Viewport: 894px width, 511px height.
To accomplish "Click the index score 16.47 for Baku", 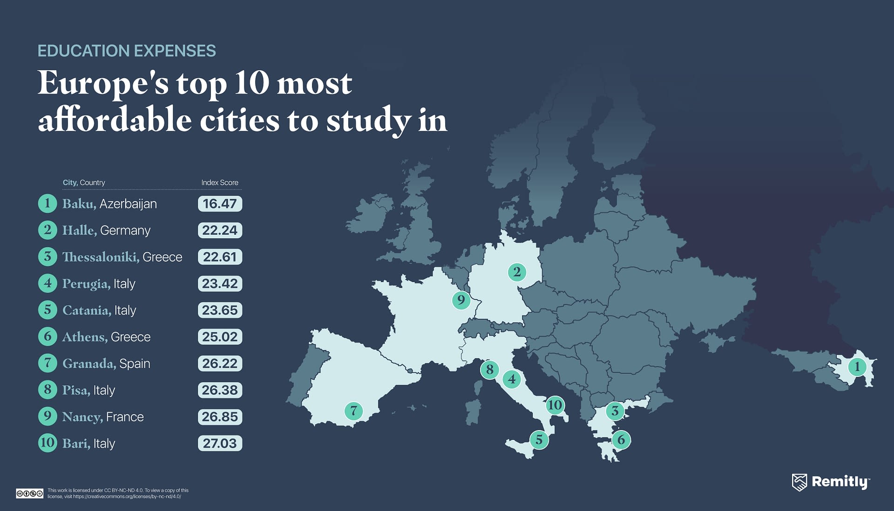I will [x=220, y=204].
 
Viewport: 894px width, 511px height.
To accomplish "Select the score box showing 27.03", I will [x=220, y=444].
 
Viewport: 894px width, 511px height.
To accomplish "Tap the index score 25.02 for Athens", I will [x=220, y=337].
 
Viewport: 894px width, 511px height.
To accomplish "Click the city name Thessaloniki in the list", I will [x=101, y=257].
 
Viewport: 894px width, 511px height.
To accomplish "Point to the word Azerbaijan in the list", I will [x=128, y=204].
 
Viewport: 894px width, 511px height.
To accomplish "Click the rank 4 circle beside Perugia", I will [x=47, y=283].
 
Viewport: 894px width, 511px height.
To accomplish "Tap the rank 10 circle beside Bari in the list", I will [x=47, y=443].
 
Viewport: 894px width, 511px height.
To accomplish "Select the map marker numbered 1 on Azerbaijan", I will [x=857, y=367].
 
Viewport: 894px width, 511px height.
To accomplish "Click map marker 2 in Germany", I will [x=517, y=272].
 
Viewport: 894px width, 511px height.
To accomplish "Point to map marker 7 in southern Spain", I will [x=353, y=411].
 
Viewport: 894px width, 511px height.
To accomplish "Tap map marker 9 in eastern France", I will [x=461, y=300].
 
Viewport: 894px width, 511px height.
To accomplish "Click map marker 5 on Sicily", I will [x=539, y=440].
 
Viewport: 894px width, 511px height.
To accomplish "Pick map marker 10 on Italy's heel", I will [x=555, y=405].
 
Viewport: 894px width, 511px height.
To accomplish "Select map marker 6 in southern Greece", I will [x=621, y=440].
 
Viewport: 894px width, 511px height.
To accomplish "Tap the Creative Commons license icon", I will [x=29, y=493].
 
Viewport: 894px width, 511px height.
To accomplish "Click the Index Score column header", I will [x=220, y=182].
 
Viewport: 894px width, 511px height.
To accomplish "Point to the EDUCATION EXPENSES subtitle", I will [x=127, y=51].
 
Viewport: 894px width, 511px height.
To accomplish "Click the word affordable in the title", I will [x=115, y=120].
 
